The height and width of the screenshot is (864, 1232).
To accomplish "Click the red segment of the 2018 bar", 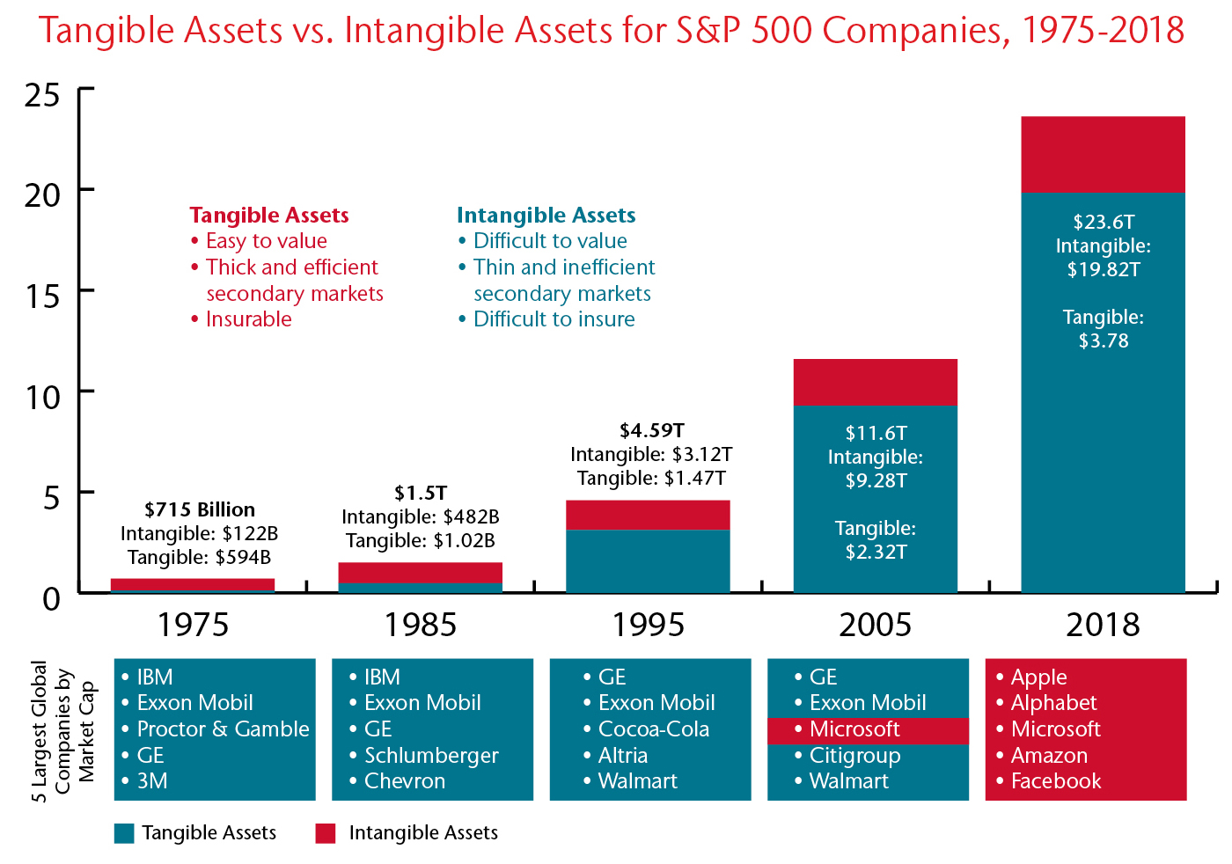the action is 1103,155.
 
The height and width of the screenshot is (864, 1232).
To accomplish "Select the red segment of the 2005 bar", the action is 875,382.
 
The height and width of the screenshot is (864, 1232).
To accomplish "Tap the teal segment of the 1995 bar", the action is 648,561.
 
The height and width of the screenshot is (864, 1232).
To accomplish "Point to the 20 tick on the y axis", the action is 86,189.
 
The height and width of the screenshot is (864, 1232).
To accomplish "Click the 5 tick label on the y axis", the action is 51,498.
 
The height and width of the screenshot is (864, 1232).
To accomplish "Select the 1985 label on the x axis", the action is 421,625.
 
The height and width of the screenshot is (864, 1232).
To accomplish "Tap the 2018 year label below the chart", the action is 1103,625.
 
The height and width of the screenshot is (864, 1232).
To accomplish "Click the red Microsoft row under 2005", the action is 868,730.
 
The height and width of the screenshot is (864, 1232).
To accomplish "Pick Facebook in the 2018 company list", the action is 1056,781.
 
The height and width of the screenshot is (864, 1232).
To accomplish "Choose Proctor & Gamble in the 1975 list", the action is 223,729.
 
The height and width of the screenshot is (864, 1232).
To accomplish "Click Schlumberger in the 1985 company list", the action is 431,756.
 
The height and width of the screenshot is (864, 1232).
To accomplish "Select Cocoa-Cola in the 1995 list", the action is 653,729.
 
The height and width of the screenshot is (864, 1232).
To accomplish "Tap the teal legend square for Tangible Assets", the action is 124,833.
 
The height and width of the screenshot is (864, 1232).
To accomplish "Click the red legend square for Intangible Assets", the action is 325,833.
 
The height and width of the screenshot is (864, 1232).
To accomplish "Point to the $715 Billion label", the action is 200,509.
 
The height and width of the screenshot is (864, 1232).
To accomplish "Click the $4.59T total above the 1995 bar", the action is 652,430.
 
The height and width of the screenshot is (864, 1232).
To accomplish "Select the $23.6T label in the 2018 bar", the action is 1104,223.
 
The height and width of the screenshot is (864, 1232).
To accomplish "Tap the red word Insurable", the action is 248,319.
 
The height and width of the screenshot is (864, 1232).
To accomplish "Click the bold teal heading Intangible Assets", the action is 546,216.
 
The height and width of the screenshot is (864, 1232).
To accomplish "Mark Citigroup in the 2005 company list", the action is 854,756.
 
